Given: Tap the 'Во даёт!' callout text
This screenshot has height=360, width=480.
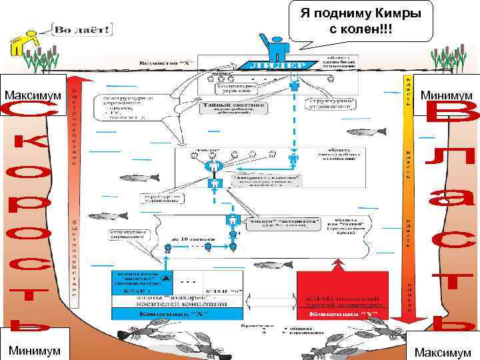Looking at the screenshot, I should (x=83, y=30).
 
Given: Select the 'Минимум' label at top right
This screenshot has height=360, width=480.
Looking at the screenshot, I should (x=446, y=96).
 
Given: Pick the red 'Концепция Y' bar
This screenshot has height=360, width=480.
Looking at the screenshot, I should (x=341, y=312).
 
